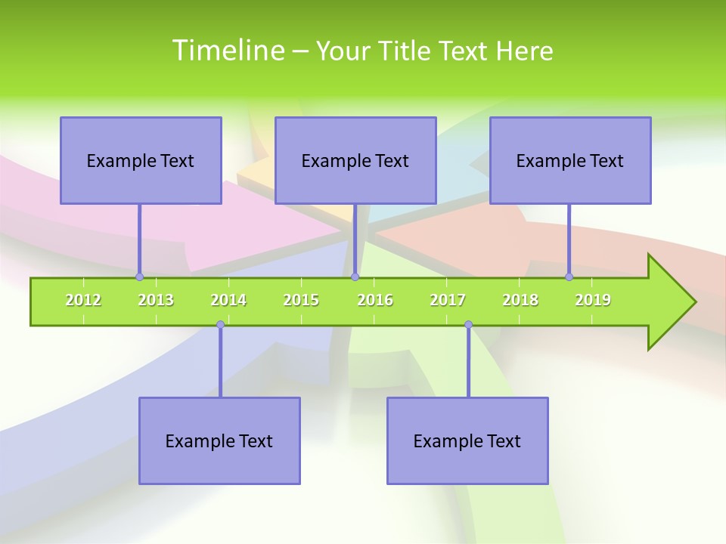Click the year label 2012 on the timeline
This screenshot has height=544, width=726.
click(83, 300)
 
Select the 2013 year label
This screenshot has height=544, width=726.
click(156, 300)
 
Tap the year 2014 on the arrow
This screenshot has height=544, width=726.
click(228, 300)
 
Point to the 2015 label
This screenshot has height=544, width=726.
click(301, 300)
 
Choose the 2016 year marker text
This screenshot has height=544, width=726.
click(375, 300)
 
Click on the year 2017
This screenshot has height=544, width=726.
click(448, 300)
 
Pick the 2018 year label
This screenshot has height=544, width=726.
click(520, 300)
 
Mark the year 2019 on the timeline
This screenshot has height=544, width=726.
click(593, 300)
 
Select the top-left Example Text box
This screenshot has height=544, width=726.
click(141, 160)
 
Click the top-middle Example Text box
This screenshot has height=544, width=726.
click(355, 160)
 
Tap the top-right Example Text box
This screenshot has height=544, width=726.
click(570, 160)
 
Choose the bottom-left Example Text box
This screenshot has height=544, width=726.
click(219, 440)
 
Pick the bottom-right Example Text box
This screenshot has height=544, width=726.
click(467, 440)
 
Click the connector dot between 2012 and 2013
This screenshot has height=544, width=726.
click(139, 277)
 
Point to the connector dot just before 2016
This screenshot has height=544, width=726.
click(355, 277)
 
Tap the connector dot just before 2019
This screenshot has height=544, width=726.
click(569, 277)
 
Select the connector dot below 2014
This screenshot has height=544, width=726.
click(220, 325)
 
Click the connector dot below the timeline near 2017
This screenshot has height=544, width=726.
click(468, 325)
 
